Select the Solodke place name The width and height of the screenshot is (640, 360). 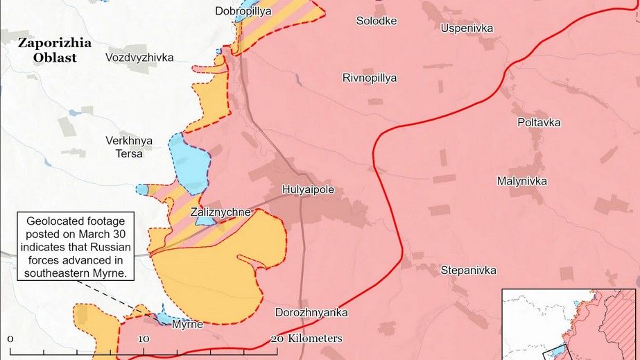tap(377, 21)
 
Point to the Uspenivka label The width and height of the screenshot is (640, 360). tap(467, 28)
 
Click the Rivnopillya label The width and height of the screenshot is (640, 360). tap(370, 78)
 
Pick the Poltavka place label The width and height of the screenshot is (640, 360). tap(539, 123)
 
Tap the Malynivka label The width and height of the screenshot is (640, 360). tap(522, 181)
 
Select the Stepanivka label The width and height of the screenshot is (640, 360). tap(469, 270)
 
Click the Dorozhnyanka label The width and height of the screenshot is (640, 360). tap(311, 312)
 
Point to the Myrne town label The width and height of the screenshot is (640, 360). tap(187, 324)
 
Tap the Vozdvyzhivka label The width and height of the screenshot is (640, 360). tap(139, 58)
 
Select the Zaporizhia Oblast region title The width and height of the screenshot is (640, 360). tap(55, 51)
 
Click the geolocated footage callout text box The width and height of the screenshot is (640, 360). tap(76, 247)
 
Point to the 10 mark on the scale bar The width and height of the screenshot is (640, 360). tap(144, 338)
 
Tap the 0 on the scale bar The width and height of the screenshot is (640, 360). tap(11, 338)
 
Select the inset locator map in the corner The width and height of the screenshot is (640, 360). tap(569, 325)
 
